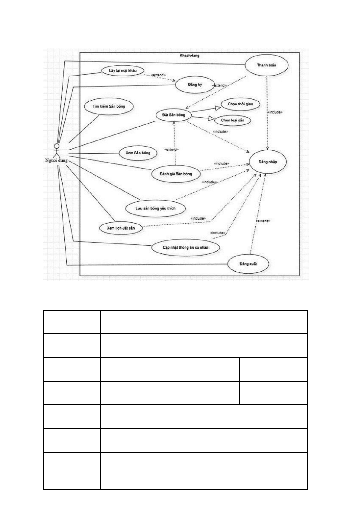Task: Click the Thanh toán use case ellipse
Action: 266,65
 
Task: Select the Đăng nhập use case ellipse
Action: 268,162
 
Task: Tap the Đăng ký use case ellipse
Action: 195,85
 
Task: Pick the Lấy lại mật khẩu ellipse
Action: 123,71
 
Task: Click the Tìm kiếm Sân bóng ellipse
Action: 108,106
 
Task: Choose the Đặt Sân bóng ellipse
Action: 174,115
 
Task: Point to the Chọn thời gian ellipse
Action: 240,104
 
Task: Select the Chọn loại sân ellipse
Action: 233,120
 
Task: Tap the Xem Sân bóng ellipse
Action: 138,153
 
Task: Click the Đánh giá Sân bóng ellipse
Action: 176,174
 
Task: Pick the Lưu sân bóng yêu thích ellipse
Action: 156,208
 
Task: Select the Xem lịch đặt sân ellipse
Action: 121,228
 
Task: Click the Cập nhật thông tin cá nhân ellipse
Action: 185,247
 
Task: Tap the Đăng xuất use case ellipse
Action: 248,264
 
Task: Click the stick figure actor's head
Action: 57,146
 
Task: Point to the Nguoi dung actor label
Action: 56,160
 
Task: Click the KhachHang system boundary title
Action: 189,56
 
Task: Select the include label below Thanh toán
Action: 275,112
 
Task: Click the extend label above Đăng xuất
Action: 263,221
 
